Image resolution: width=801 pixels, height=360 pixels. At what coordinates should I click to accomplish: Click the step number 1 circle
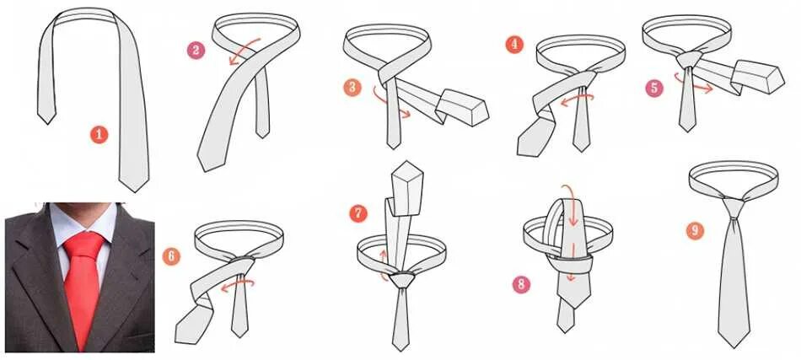(99, 135)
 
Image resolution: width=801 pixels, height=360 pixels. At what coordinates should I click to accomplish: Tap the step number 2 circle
(196, 50)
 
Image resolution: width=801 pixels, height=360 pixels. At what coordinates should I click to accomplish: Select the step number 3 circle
(352, 87)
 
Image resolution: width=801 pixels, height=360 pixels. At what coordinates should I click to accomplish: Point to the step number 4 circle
(514, 45)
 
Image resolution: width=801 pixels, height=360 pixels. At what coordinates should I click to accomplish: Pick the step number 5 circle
(654, 88)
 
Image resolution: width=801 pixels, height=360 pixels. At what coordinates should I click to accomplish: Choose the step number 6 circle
(171, 256)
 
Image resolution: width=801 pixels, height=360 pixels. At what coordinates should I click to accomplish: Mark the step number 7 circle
(358, 213)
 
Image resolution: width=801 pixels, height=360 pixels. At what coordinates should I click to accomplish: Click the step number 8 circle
(521, 284)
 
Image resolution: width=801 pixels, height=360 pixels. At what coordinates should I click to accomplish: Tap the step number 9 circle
(695, 231)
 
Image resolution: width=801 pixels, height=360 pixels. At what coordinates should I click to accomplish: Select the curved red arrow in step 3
(390, 105)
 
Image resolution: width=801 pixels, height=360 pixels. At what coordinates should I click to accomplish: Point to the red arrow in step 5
(691, 85)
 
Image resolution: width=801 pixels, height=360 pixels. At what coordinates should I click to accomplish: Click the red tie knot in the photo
(83, 245)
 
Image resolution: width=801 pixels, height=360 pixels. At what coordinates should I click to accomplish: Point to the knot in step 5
(689, 60)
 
